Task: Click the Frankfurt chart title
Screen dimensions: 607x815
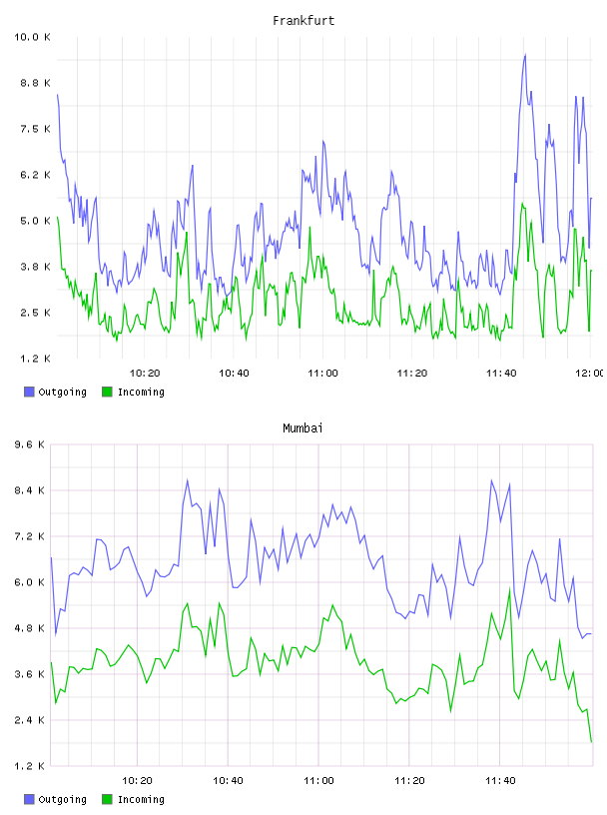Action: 303,21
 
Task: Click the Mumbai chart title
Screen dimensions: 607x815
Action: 303,428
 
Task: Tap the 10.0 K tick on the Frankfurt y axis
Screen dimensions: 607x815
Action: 32,37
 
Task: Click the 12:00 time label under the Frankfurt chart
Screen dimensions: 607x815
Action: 589,374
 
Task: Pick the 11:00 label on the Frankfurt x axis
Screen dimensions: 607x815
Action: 322,374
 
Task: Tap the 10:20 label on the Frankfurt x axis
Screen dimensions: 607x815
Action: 145,374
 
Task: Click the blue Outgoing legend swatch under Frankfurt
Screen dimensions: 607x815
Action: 29,392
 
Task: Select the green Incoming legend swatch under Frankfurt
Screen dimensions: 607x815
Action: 107,392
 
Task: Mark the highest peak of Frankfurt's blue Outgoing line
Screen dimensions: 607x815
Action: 525,54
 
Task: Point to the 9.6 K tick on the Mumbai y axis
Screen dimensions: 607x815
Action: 29,444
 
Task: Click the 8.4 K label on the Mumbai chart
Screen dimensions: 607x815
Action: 29,490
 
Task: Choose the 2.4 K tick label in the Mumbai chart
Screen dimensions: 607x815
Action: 29,720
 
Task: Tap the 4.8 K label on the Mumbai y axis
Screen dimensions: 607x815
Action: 29,628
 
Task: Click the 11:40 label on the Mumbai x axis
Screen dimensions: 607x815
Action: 500,781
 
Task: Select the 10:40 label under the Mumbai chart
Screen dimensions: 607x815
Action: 228,781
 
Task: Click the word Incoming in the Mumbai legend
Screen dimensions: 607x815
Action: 141,799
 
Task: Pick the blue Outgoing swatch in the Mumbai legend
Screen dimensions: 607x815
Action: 29,799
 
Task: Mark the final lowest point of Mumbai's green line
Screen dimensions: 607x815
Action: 591,742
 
